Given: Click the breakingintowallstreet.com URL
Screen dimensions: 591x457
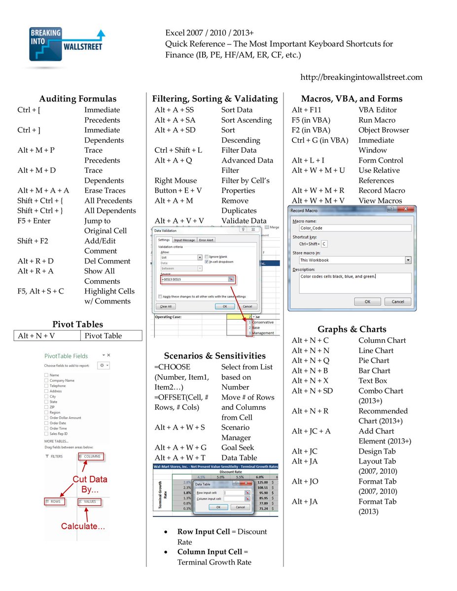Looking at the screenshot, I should click(361, 77).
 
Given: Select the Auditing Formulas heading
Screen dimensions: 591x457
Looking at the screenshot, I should click(78, 98).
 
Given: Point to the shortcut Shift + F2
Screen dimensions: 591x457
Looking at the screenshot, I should click(33, 241).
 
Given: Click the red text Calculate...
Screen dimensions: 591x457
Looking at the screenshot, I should click(83, 526).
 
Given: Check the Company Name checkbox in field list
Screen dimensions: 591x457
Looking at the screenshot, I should click(46, 381).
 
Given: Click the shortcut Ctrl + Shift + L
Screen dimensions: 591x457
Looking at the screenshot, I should click(178, 150).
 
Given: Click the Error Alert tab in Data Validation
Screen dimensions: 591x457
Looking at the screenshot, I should click(206, 240).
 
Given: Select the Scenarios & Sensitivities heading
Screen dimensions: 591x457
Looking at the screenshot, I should click(214, 356).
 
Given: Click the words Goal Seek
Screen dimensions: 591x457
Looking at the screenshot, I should click(238, 448).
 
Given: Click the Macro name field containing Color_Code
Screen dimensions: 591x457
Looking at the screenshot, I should click(354, 228).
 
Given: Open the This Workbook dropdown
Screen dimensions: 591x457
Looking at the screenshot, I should click(408, 260).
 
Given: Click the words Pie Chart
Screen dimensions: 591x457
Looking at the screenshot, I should click(373, 361).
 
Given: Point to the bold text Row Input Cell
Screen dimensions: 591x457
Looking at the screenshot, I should click(204, 532).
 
